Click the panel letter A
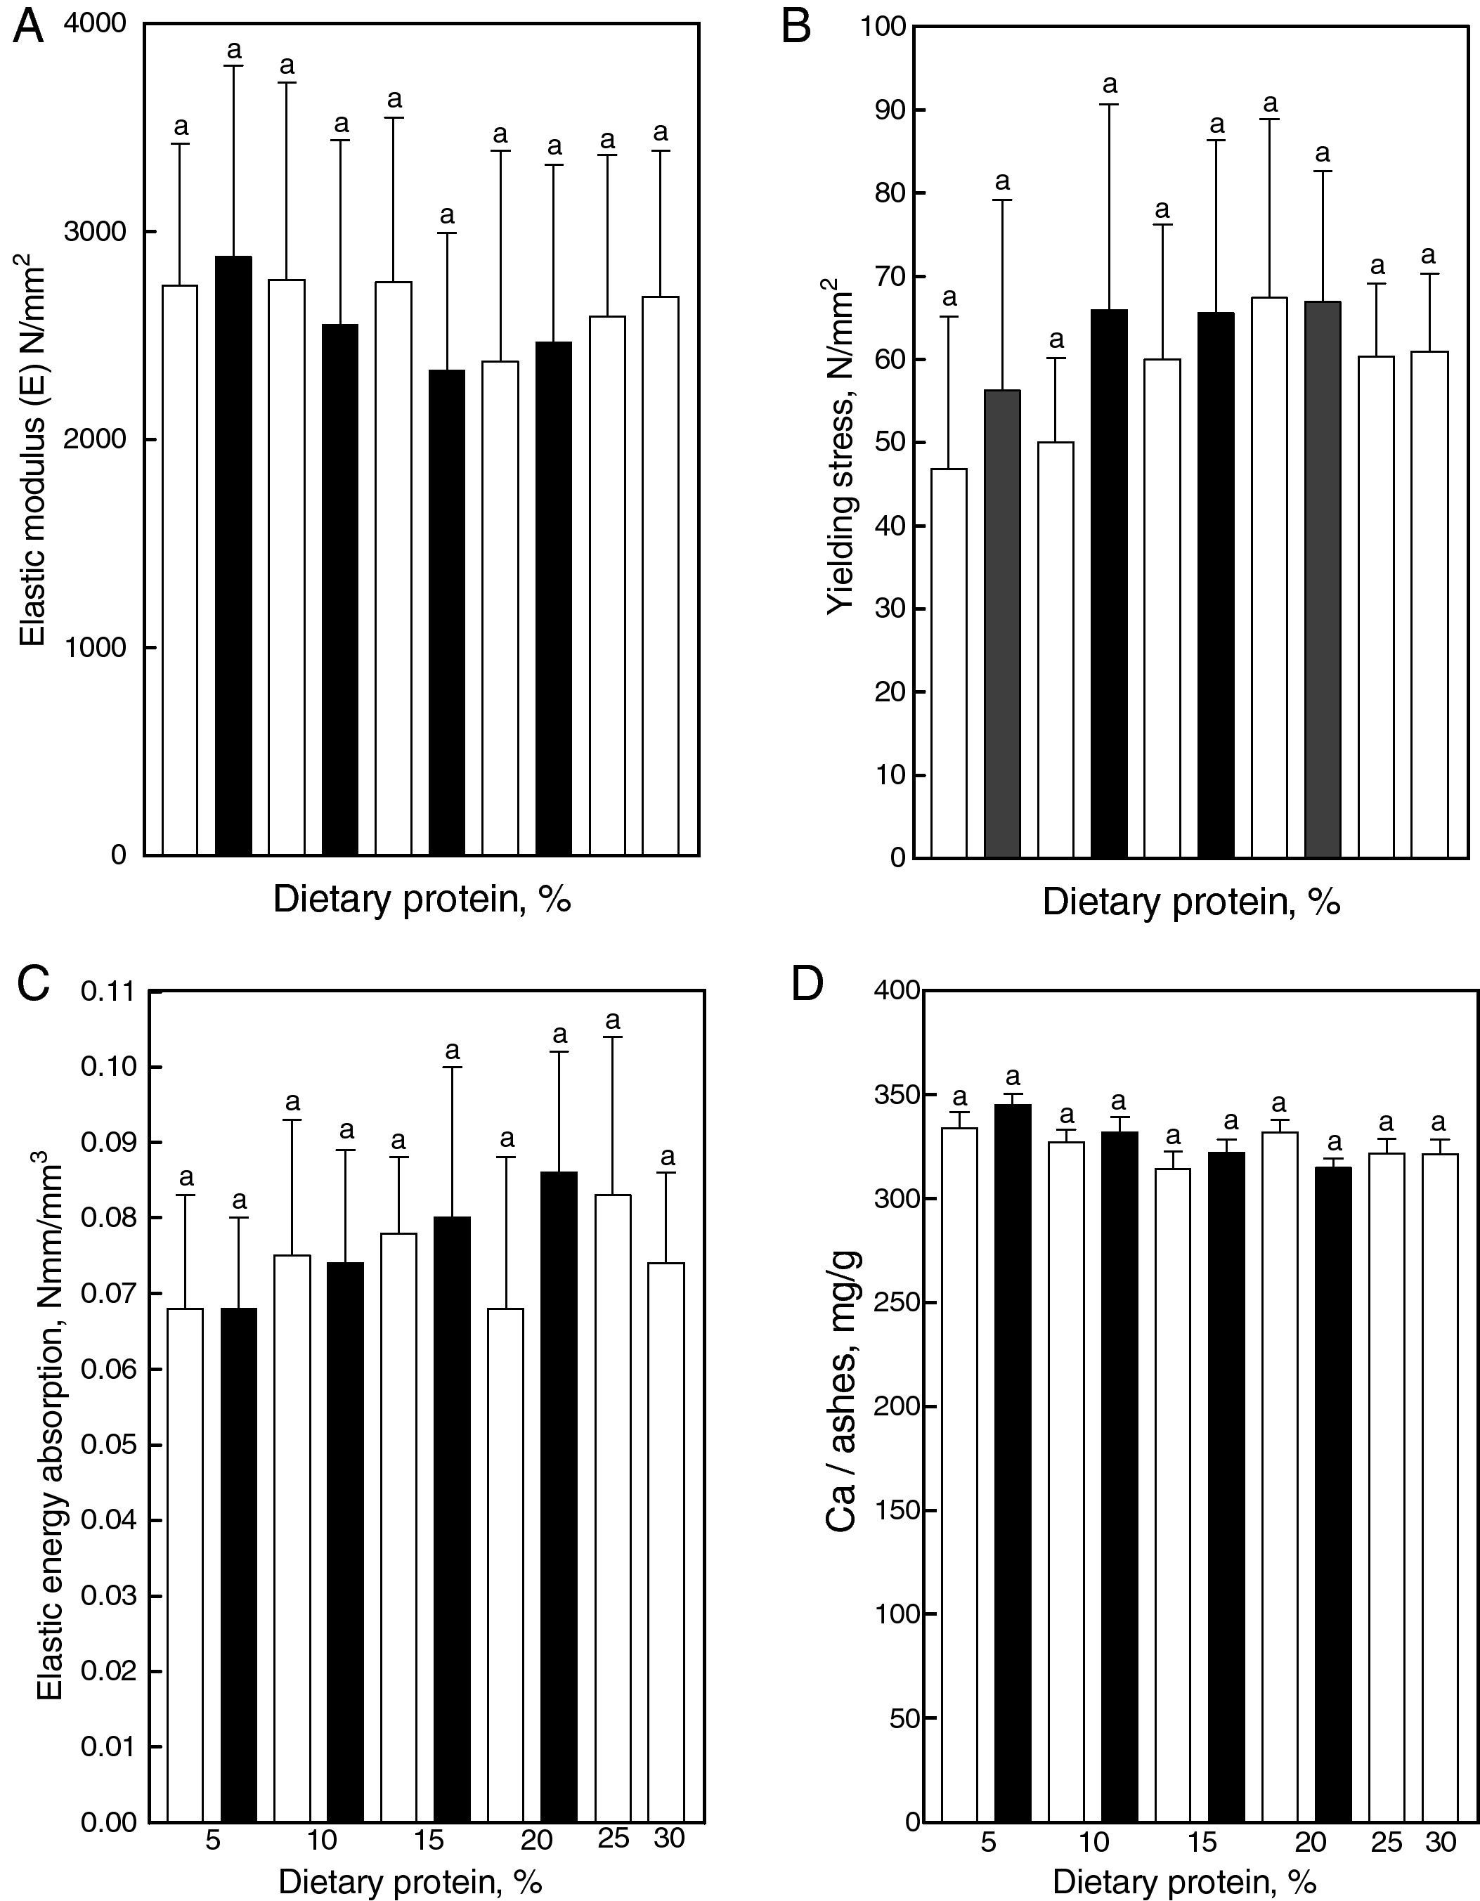[29, 28]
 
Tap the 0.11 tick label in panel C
[109, 992]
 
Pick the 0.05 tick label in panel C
[109, 1446]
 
